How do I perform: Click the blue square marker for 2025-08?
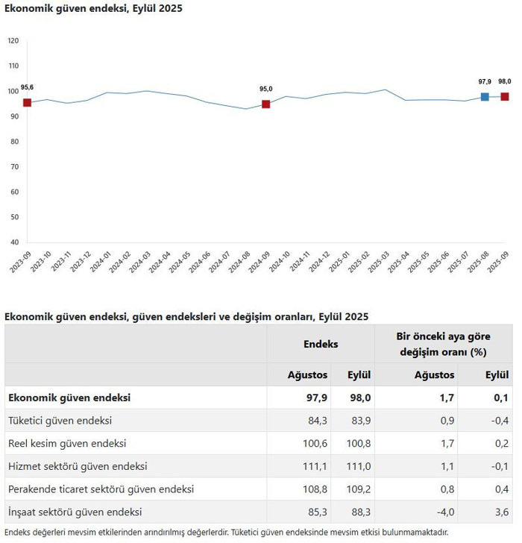tap(485, 97)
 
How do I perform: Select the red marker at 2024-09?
tap(265, 104)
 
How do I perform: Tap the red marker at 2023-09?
tap(27, 103)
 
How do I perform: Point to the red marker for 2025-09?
tap(505, 97)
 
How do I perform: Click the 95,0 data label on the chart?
tap(265, 89)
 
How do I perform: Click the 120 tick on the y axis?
tap(13, 41)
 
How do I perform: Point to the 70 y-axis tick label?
tap(14, 167)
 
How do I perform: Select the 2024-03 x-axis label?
tap(140, 262)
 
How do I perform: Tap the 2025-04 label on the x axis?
tap(398, 262)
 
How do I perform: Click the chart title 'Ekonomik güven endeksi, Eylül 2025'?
tap(93, 8)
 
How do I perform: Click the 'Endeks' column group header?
tap(321, 344)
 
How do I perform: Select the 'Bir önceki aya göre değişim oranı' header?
tap(444, 345)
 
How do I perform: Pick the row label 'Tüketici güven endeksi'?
tap(60, 421)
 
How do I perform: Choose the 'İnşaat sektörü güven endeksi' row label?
tap(75, 512)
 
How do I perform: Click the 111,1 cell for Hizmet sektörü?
tap(315, 466)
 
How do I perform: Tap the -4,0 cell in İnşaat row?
tap(445, 512)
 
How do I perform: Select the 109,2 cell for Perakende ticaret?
tap(359, 489)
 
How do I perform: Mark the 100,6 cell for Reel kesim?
tap(315, 444)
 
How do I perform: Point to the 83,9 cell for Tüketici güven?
tap(361, 421)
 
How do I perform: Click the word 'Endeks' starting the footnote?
tap(17, 533)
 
